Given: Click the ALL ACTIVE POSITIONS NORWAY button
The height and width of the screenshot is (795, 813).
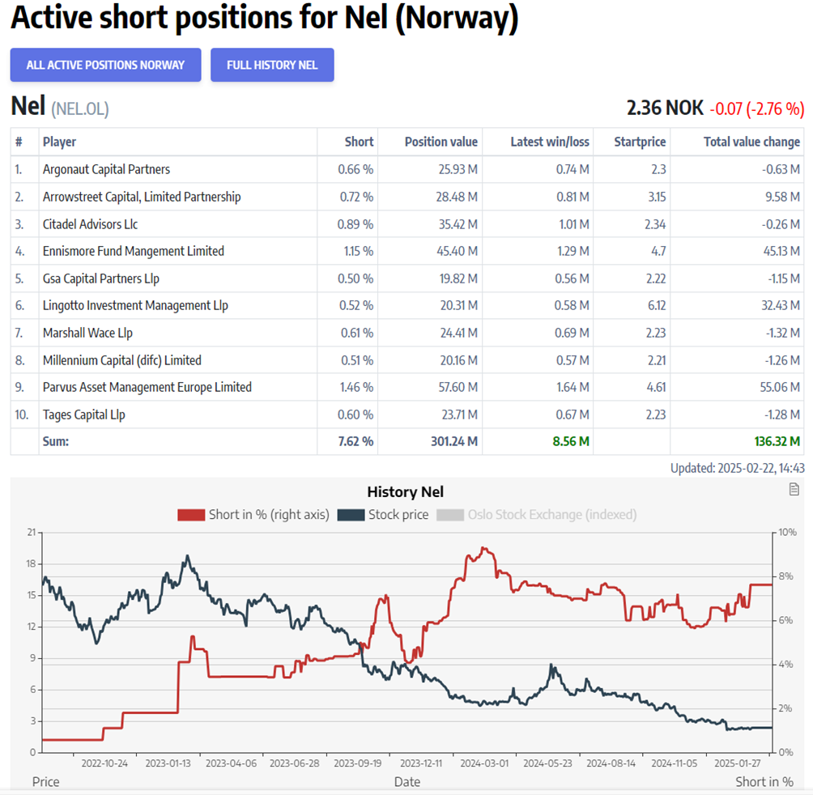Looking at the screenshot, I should click(x=105, y=65).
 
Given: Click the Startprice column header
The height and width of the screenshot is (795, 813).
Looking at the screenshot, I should click(x=640, y=142).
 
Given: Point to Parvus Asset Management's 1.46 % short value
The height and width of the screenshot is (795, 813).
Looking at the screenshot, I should click(x=355, y=387).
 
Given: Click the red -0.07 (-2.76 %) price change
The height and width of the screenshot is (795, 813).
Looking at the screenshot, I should click(x=757, y=108).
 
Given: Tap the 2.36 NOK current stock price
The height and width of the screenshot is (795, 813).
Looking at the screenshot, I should click(x=665, y=108).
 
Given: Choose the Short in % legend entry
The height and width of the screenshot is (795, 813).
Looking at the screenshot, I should click(x=253, y=514).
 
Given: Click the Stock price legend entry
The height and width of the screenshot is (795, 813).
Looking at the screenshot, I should click(x=383, y=514).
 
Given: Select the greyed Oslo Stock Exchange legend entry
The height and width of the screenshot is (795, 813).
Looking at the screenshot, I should click(x=536, y=514).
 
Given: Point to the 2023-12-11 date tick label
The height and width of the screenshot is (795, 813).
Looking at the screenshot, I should click(x=421, y=763).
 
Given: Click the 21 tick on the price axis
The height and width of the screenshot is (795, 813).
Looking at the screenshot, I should click(x=32, y=532).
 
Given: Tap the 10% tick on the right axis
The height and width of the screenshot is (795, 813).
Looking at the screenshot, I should click(x=787, y=532).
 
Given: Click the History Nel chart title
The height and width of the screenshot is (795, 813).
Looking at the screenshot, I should click(x=405, y=491).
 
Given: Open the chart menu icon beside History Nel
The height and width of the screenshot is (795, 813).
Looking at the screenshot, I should click(x=794, y=489).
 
